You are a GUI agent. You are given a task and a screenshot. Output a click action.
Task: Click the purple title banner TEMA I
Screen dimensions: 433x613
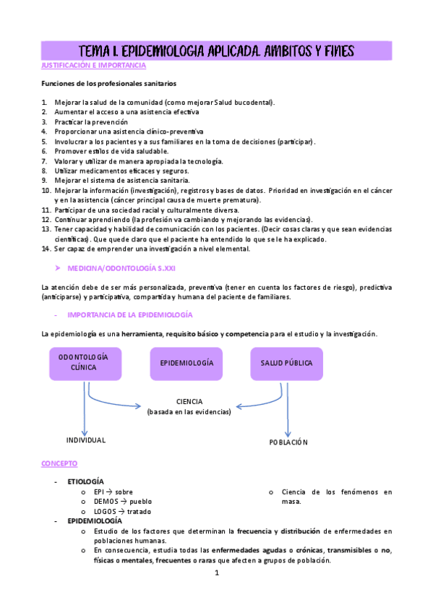pyautogui.click(x=216, y=51)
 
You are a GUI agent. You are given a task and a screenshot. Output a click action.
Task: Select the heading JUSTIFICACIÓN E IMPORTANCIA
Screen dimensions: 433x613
pyautogui.click(x=94, y=66)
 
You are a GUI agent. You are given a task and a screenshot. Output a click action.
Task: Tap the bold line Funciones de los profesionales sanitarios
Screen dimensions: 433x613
pyautogui.click(x=108, y=85)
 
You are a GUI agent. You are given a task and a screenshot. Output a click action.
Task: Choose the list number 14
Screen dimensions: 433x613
pyautogui.click(x=46, y=249)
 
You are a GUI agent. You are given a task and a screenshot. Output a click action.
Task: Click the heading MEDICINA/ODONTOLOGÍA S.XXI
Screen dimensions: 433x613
pyautogui.click(x=121, y=268)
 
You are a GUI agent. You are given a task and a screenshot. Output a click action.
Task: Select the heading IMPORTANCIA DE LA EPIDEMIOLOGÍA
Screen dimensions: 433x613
pyautogui.click(x=129, y=315)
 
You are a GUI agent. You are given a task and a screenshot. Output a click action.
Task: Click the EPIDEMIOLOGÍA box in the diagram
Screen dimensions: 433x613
pyautogui.click(x=186, y=363)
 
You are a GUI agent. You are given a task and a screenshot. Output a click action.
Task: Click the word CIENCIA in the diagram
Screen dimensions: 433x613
pyautogui.click(x=189, y=401)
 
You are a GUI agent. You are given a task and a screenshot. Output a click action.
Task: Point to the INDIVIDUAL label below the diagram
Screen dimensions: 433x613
pyautogui.click(x=86, y=440)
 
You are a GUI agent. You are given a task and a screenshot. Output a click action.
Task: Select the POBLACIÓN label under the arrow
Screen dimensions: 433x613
pyautogui.click(x=288, y=442)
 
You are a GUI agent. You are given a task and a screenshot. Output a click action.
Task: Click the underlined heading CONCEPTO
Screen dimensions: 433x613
pyautogui.click(x=59, y=463)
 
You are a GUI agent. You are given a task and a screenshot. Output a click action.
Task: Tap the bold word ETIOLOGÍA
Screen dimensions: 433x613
pyautogui.click(x=85, y=481)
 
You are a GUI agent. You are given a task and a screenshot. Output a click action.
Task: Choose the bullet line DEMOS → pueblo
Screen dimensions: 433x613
pyautogui.click(x=122, y=501)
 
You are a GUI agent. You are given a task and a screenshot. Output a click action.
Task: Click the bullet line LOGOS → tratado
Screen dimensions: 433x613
pyautogui.click(x=124, y=511)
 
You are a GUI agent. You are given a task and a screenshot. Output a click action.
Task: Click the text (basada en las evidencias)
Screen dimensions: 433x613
pyautogui.click(x=189, y=412)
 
